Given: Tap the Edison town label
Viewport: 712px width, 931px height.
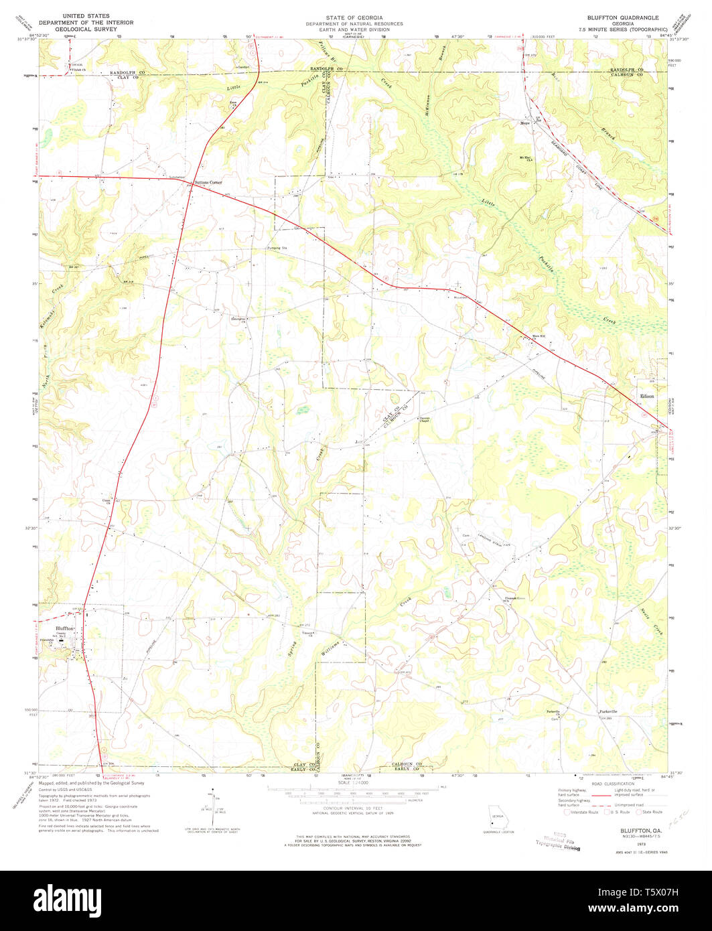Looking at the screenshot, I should (x=646, y=397).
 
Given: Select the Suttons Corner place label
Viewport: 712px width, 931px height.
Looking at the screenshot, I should (x=207, y=182).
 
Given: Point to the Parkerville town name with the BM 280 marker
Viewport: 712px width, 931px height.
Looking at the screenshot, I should (x=607, y=711).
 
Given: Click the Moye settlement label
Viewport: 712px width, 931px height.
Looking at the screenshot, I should (x=525, y=123).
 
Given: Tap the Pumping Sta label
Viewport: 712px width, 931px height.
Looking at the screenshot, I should (x=277, y=248).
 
